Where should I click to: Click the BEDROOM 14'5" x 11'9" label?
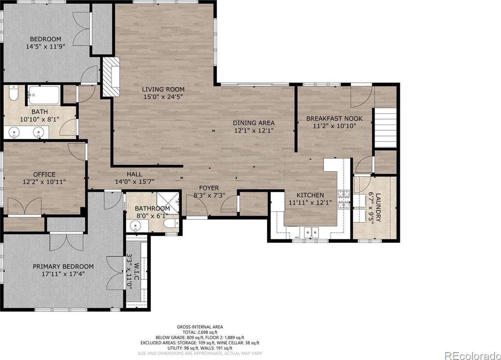click(x=45, y=43)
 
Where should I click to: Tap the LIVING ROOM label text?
click(x=163, y=89)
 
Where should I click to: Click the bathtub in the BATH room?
click(x=44, y=95)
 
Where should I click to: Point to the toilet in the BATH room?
click(x=13, y=93)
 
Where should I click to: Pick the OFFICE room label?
click(x=44, y=174)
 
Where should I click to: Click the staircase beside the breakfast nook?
click(x=386, y=127)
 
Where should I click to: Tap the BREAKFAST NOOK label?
click(x=334, y=118)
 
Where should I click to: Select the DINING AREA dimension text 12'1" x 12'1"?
click(x=254, y=130)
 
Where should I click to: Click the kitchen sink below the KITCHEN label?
click(x=311, y=232)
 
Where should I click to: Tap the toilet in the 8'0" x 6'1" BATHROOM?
click(x=171, y=223)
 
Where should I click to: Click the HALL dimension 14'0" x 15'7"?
click(x=135, y=182)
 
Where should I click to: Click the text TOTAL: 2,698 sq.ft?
click(x=200, y=332)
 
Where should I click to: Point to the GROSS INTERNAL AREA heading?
click(x=200, y=327)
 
